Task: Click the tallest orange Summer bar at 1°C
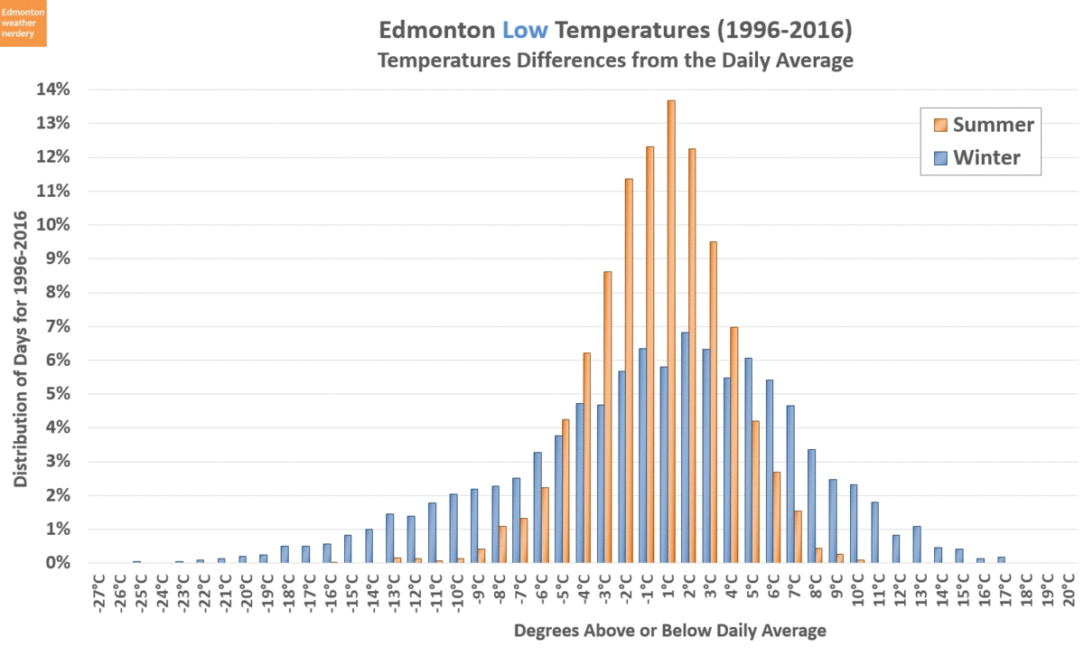pos(671,334)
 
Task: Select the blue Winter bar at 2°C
pos(686,448)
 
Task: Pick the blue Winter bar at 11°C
pos(874,532)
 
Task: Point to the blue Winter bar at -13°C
pos(390,539)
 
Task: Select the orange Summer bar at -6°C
pos(545,525)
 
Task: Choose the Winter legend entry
pos(977,158)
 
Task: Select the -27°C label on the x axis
pos(99,593)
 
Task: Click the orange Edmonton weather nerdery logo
pos(23,23)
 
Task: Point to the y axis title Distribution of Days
pos(20,350)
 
